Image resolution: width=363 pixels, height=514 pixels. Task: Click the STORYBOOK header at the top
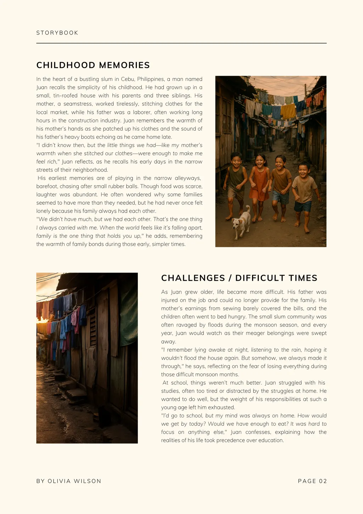coord(57,33)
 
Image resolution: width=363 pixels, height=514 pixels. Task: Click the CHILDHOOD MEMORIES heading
coord(93,65)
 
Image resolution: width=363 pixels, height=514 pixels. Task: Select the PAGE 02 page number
coord(312,481)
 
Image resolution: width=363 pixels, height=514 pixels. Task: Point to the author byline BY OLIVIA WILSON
coord(69,481)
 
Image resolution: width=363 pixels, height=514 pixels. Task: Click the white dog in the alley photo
coord(241,222)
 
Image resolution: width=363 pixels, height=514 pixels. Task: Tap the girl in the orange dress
coord(259,181)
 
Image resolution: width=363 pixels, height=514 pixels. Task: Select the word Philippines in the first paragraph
coord(151,79)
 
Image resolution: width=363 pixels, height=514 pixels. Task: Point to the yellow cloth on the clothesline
coord(288,111)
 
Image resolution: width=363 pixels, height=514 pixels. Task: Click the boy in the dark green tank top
coord(236,181)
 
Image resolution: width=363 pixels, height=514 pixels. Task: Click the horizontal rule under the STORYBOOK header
coord(181,43)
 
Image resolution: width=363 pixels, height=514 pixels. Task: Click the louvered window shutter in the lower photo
coord(93,327)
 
